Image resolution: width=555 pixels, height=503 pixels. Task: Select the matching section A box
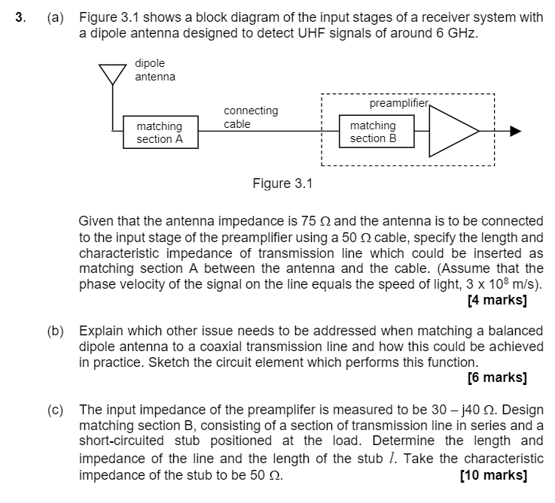[159, 133]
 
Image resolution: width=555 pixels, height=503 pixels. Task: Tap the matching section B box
[373, 132]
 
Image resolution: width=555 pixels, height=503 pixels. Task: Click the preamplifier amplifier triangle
[453, 131]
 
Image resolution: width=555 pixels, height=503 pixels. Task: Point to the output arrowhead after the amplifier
[515, 131]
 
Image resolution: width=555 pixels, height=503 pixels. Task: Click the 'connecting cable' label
[251, 117]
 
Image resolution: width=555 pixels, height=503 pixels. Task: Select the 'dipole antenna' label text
[154, 70]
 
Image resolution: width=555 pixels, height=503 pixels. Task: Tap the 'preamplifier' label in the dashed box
[398, 102]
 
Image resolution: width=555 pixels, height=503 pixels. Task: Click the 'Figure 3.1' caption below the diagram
[282, 183]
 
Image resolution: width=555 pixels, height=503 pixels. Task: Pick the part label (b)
[56, 331]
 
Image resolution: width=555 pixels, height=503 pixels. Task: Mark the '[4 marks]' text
[496, 300]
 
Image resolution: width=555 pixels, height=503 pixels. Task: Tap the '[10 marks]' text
[492, 475]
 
